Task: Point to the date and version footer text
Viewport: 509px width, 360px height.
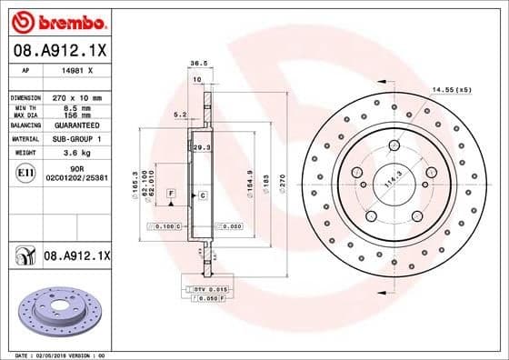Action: [x=57, y=355]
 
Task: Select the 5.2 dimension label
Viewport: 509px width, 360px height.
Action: [x=179, y=115]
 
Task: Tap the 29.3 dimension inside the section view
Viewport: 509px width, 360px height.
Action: [x=202, y=146]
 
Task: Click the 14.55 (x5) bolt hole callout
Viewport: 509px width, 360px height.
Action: [x=452, y=90]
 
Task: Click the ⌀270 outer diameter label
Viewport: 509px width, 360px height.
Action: [x=282, y=184]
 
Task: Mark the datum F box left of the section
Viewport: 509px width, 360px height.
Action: [x=170, y=195]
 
